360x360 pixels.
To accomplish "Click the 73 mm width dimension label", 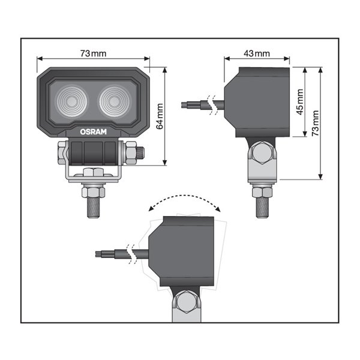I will [x=93, y=54].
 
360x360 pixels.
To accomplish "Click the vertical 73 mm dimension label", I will [x=315, y=123].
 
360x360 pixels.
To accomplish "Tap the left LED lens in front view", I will [x=70, y=100].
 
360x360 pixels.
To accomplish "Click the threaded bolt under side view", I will [x=263, y=207].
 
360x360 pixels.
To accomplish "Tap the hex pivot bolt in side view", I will [x=263, y=153].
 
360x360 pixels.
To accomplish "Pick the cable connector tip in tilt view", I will [x=98, y=254].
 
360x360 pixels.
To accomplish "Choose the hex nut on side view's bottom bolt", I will [x=263, y=192].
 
